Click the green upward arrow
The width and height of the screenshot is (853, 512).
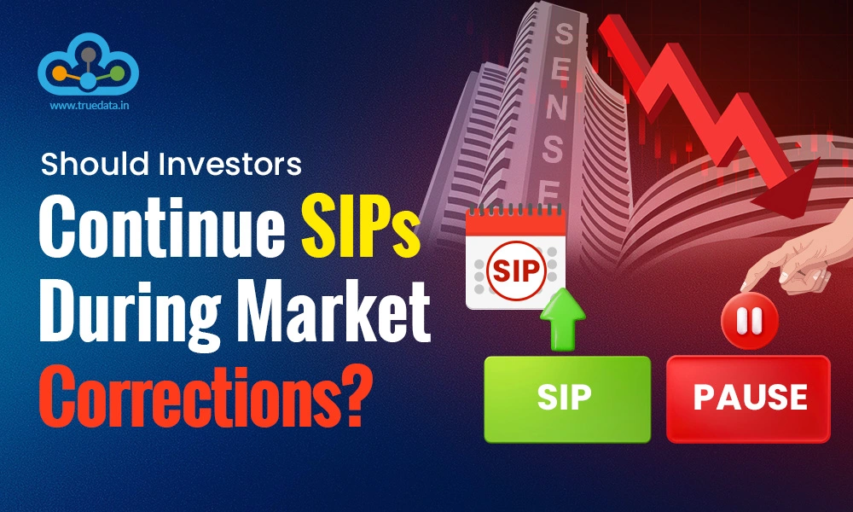(x=564, y=317)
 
